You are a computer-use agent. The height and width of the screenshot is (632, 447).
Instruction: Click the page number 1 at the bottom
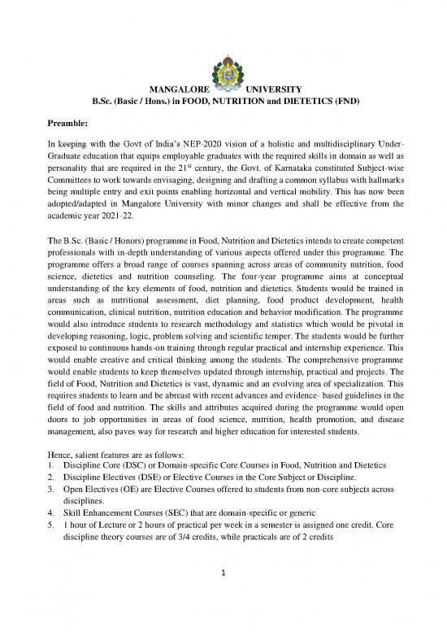tap(223, 595)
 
